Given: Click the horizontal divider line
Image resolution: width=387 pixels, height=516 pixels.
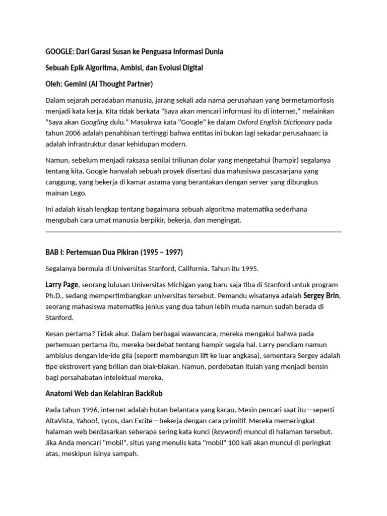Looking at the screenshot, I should (193, 232).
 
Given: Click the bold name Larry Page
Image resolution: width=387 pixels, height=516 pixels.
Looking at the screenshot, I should (62, 285).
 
